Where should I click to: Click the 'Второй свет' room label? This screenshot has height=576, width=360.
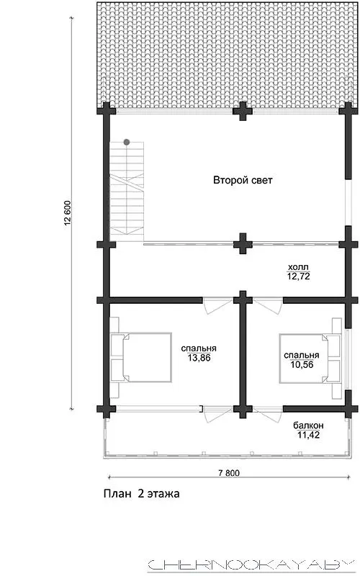pos(243,181)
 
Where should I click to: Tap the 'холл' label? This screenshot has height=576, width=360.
pos(298,267)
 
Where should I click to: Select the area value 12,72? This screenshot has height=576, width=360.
pos(298,276)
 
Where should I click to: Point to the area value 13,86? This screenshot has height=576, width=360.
pos(199,358)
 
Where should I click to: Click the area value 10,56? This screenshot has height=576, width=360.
pos(302,365)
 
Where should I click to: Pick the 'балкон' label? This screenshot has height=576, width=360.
pos(308,426)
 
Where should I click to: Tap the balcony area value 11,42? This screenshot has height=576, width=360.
pos(308,435)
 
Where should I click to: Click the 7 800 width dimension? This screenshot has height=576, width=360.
pos(229,473)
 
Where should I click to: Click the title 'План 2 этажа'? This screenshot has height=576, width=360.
pos(142,493)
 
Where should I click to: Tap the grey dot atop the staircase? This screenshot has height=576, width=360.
pos(127,142)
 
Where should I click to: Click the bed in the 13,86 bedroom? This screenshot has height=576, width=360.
pos(141,357)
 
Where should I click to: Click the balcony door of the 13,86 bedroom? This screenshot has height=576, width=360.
pos(218,415)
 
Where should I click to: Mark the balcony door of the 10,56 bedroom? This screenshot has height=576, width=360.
pos(268,415)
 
